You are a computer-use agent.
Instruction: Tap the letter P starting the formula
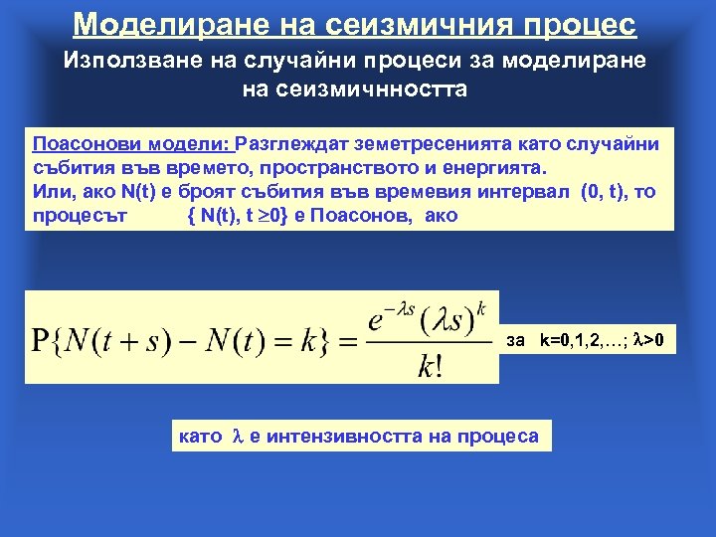tap(44, 340)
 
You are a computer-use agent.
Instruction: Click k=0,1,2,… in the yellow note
tap(582, 341)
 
